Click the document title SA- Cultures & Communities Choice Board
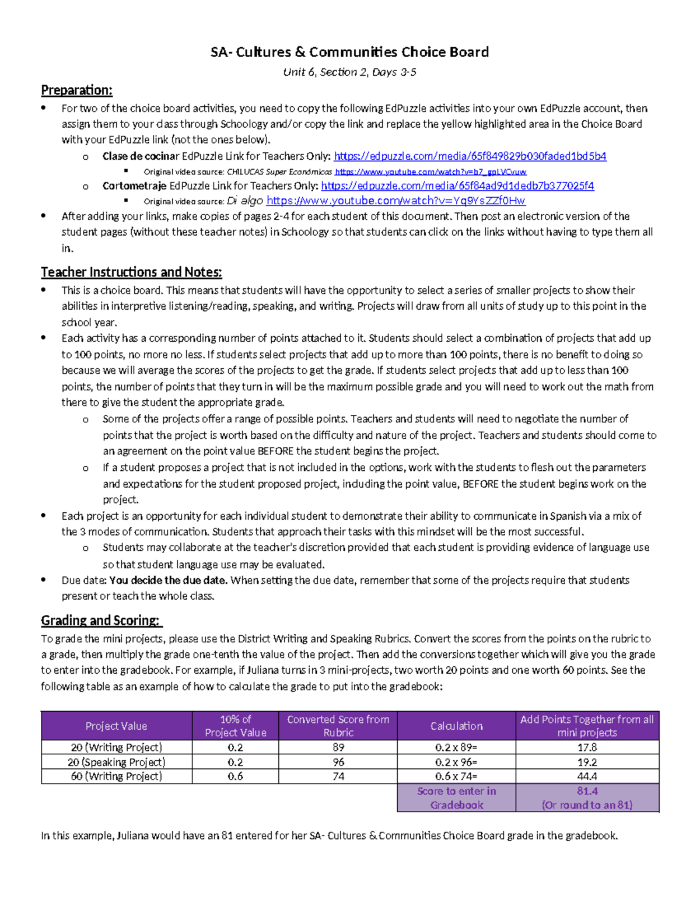pos(349,53)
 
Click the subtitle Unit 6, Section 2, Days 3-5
pos(349,72)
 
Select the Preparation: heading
pos(76,90)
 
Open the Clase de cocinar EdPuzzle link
pos(470,156)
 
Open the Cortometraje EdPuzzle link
pos(457,186)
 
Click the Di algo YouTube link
pos(395,201)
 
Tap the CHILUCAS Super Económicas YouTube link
pos(430,172)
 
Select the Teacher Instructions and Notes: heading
pos(131,272)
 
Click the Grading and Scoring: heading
pos(101,620)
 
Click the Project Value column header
pos(116,726)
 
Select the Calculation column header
pos(456,726)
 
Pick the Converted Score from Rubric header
pos(338,726)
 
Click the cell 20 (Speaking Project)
pos(116,762)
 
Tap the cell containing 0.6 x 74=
pos(456,776)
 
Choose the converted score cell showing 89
pos(338,748)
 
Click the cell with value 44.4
pos(587,776)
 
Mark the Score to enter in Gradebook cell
pos(456,798)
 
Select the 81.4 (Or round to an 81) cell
pos(587,798)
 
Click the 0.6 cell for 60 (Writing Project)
pos(235,776)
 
